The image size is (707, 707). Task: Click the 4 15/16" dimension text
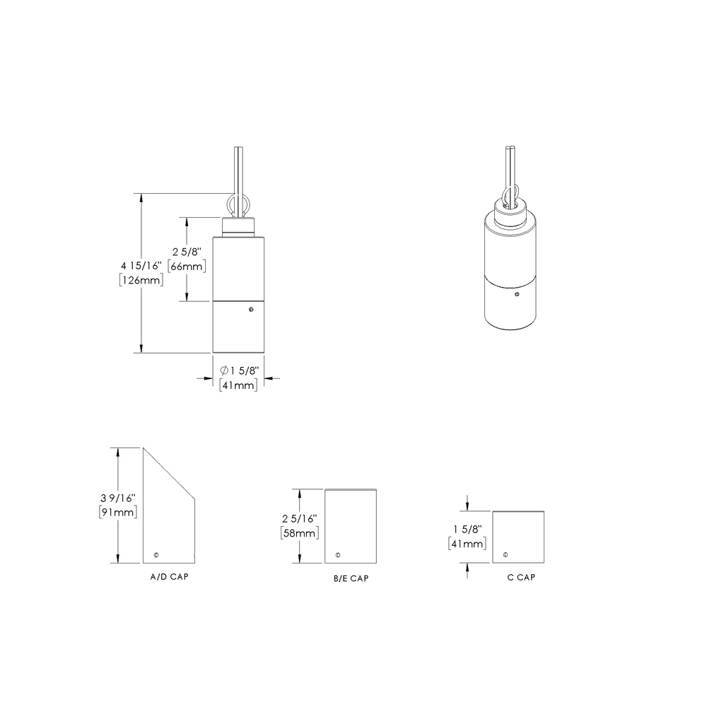pos(142,265)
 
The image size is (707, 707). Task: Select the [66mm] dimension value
pos(187,266)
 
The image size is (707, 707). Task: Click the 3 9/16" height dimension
pos(119,498)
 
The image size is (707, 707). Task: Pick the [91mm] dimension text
pos(119,512)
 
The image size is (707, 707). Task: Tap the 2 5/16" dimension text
pos(300,518)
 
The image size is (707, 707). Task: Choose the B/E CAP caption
pos(351,578)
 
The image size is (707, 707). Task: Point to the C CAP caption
pos(521,577)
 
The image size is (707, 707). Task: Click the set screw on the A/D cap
pos(156,554)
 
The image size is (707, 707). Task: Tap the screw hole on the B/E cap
pos(338,554)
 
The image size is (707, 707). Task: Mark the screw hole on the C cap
pos(505,554)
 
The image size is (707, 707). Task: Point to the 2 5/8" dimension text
pos(187,252)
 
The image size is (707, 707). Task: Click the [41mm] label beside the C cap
pos(467,544)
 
